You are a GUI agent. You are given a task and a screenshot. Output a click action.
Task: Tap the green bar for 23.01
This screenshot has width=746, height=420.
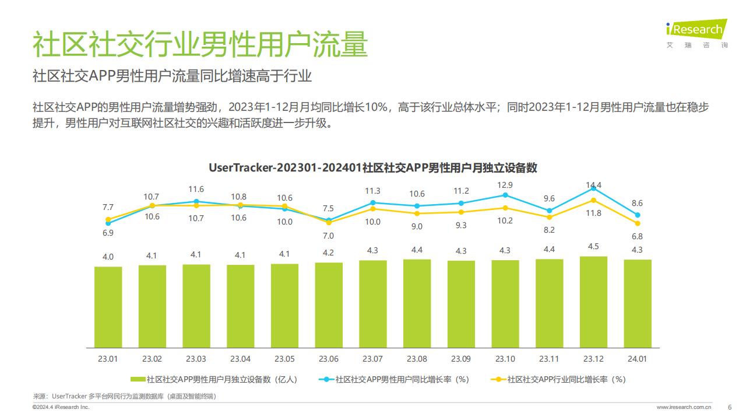[x=108, y=306]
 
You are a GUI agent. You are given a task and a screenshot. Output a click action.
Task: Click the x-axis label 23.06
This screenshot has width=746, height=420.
[x=329, y=358]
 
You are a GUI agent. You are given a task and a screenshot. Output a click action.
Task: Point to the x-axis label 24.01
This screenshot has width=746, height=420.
[x=637, y=358]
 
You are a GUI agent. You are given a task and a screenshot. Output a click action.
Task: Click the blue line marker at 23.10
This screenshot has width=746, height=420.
[x=505, y=195]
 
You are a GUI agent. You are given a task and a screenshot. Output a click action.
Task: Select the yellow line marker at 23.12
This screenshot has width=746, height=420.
[x=593, y=200]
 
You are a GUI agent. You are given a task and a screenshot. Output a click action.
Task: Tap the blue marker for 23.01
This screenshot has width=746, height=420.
[x=108, y=223]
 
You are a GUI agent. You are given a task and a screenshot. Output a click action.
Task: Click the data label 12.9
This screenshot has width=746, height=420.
[x=505, y=184]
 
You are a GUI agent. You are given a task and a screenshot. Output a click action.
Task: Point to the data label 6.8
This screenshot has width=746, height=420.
[x=637, y=236]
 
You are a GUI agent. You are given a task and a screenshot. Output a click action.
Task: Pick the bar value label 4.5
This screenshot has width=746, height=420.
[x=593, y=246]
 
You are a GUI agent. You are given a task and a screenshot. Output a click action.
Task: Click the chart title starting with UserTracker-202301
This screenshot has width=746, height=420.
[x=373, y=167]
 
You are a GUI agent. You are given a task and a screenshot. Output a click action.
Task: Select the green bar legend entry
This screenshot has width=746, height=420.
[x=214, y=379]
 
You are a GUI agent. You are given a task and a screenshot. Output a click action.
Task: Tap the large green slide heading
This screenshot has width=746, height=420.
[x=200, y=44]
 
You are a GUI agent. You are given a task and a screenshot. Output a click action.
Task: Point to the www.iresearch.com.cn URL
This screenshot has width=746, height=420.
[x=684, y=407]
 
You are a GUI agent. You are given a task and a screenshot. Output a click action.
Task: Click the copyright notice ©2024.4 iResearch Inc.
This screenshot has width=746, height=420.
[x=61, y=407]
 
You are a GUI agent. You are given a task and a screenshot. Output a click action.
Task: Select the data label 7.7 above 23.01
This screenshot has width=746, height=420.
[x=108, y=207]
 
